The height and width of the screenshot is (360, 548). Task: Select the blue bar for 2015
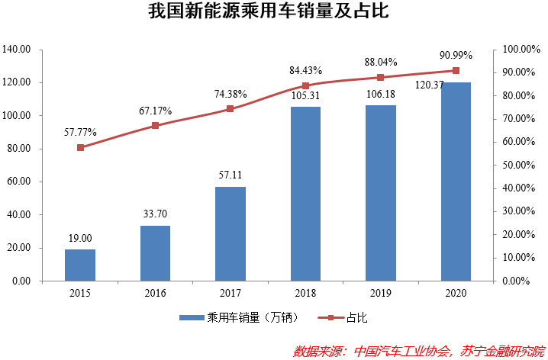[x=80, y=265]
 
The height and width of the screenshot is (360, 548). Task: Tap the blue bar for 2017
[x=230, y=233]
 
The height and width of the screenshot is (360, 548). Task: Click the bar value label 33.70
[x=155, y=214]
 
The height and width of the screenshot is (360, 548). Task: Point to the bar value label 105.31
[x=305, y=96]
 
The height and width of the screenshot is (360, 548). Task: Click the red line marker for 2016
[x=155, y=125]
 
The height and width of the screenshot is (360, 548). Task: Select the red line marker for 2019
[x=380, y=77]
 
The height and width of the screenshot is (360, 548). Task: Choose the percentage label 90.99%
[x=456, y=55]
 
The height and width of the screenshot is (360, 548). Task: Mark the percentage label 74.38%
[x=230, y=94]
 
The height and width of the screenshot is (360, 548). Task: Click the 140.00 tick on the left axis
[x=16, y=50]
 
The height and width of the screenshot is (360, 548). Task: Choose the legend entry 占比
[x=346, y=317]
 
